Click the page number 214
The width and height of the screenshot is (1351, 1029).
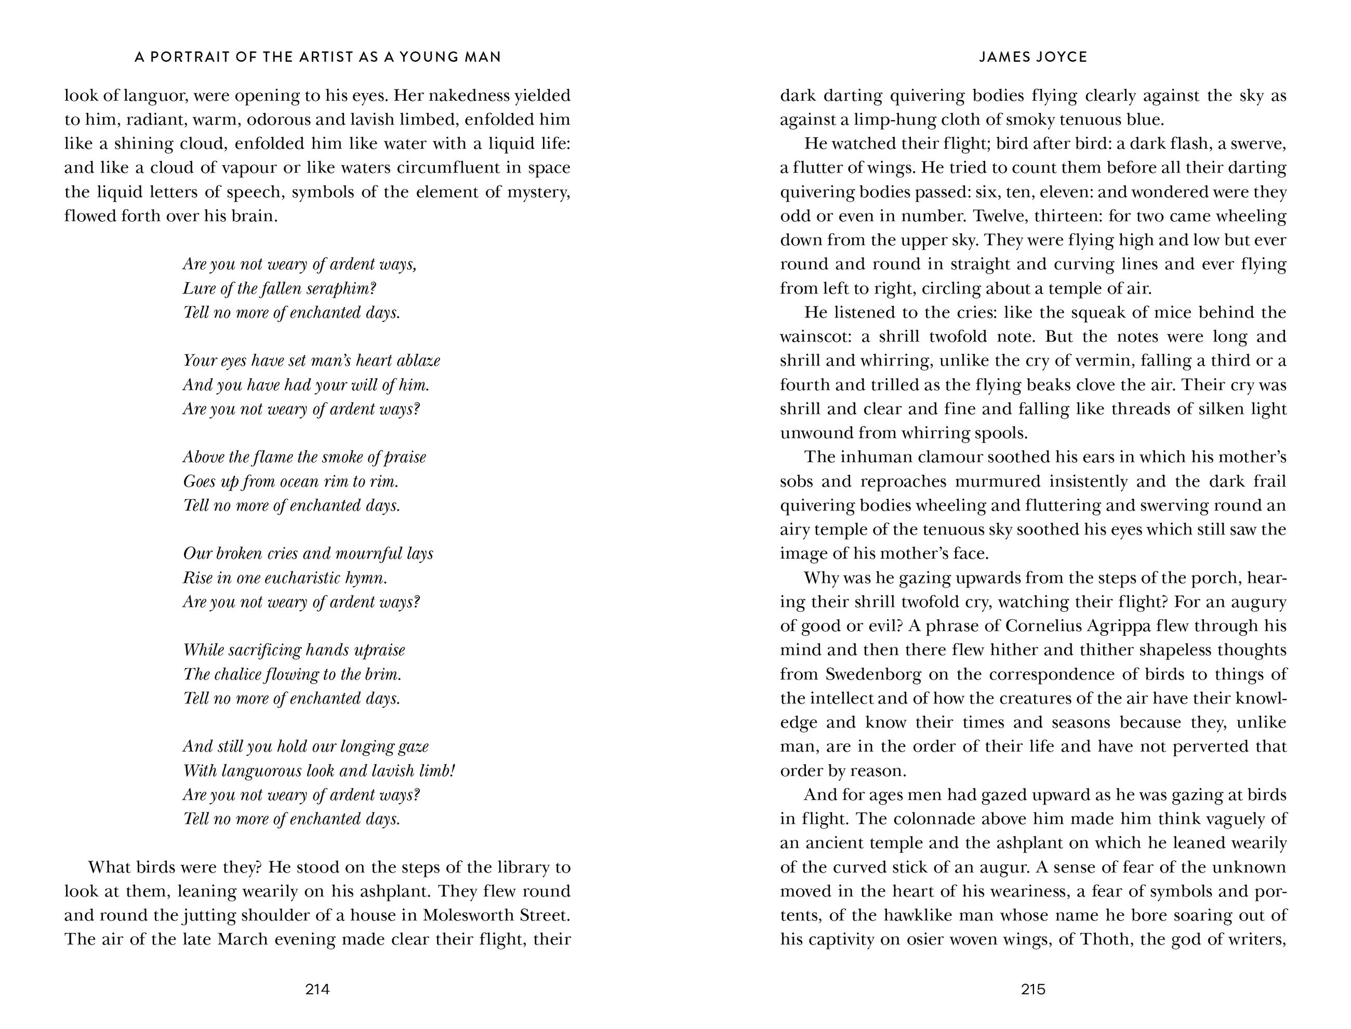[317, 988]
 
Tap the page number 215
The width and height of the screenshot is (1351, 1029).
[1032, 988]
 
